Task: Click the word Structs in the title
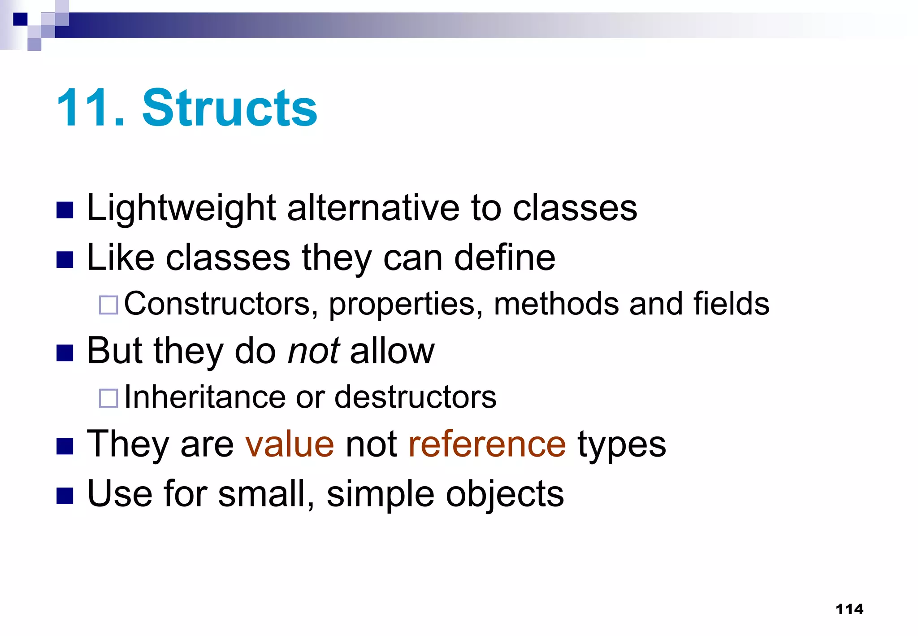tap(229, 108)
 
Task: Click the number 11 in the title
tap(85, 108)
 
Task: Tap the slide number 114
tap(849, 609)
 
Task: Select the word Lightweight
tap(181, 209)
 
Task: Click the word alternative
tap(373, 209)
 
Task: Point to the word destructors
tap(416, 397)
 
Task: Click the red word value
tap(290, 444)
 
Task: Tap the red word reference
tap(487, 444)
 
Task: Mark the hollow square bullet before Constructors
tap(108, 305)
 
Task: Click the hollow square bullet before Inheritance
tap(108, 398)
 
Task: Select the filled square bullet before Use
tap(65, 496)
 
